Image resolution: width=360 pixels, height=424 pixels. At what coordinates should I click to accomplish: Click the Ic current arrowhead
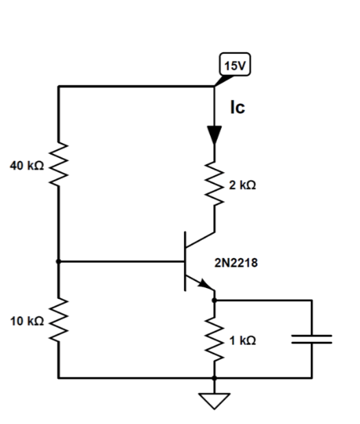pyautogui.click(x=215, y=134)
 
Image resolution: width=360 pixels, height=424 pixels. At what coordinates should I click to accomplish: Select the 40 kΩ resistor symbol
pyautogui.click(x=58, y=166)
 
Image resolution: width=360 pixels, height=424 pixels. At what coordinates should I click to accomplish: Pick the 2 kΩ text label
pyautogui.click(x=242, y=185)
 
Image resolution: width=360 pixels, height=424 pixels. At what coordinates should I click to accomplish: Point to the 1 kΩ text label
pyautogui.click(x=242, y=340)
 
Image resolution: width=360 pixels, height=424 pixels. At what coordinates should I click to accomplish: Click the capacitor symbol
pyautogui.click(x=312, y=339)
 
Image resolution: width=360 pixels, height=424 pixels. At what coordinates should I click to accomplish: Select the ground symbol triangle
pyautogui.click(x=215, y=399)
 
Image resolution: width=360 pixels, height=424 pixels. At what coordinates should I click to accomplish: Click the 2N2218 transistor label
pyautogui.click(x=236, y=262)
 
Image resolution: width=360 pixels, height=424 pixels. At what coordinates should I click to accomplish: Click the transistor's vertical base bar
pyautogui.click(x=185, y=261)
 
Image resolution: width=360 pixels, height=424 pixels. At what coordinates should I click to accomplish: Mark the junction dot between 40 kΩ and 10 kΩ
pyautogui.click(x=58, y=261)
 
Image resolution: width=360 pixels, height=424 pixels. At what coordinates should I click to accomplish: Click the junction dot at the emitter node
pyautogui.click(x=215, y=300)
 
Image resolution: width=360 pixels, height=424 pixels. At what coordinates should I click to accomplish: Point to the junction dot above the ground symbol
pyautogui.click(x=215, y=377)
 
